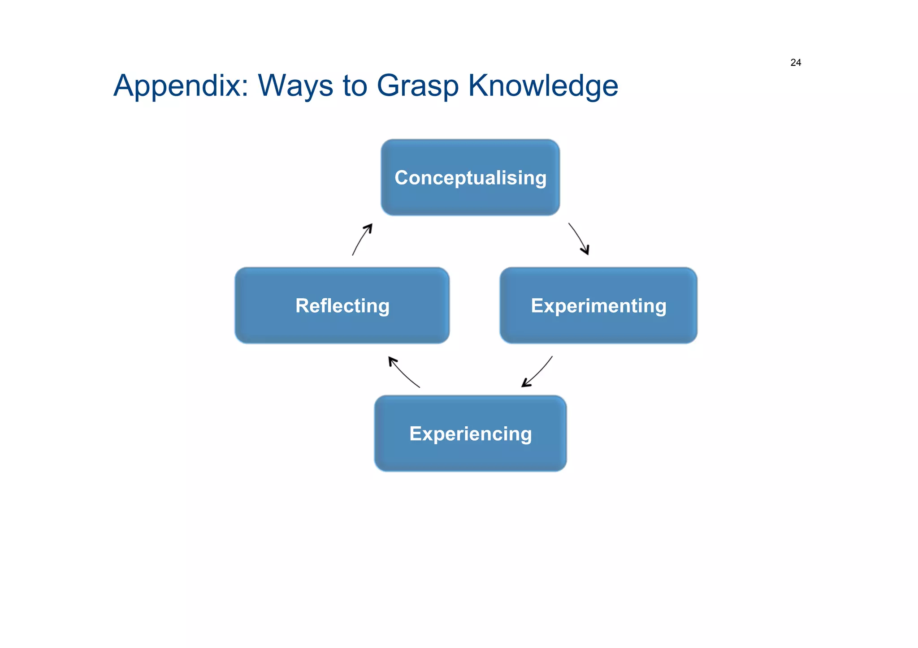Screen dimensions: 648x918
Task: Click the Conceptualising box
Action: (470, 177)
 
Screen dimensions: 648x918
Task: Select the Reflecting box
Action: (342, 305)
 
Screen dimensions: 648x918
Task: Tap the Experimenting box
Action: (598, 305)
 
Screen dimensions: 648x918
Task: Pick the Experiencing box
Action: (470, 433)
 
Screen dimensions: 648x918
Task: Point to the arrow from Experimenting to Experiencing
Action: (538, 372)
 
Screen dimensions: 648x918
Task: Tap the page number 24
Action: (796, 63)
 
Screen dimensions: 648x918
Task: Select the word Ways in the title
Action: (295, 86)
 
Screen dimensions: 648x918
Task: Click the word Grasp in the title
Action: (417, 86)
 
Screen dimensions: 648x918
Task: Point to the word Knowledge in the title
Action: (543, 86)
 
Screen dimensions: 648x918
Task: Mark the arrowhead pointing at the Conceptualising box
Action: (369, 227)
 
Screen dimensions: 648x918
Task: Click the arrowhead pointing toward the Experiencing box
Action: (525, 384)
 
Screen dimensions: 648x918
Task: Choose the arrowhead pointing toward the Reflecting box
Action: (392, 360)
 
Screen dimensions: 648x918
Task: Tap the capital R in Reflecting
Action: (302, 305)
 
